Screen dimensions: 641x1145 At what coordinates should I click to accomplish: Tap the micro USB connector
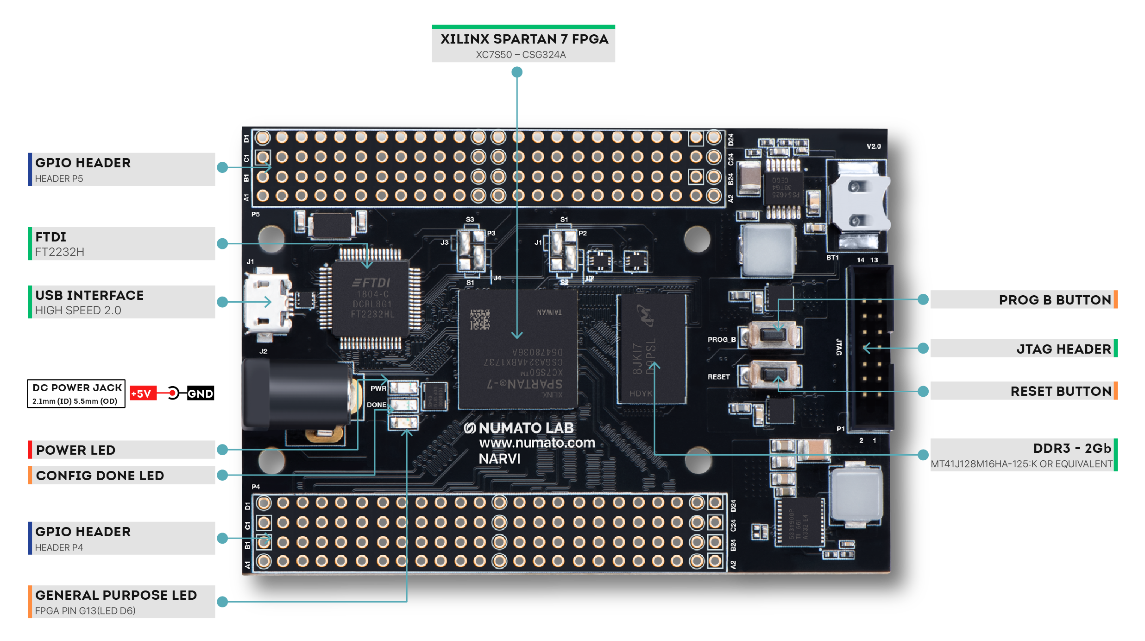pos(266,301)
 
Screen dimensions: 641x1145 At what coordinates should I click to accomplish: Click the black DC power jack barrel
pos(301,394)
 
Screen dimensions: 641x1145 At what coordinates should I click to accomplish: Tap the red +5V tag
pos(143,393)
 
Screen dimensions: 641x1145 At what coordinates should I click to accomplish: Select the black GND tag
pos(201,393)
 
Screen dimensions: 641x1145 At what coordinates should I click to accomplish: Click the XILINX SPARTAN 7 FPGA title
pos(524,39)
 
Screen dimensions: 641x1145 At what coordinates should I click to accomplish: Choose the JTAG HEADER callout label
pos(1063,349)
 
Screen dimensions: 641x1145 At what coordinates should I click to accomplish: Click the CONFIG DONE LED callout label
pos(100,476)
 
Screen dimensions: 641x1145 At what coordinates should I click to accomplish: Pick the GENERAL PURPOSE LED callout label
pos(116,595)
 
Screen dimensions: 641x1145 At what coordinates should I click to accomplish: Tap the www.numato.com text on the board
pos(536,443)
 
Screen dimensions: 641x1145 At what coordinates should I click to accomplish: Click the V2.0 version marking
pos(873,146)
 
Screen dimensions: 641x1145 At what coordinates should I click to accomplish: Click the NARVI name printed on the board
pos(499,459)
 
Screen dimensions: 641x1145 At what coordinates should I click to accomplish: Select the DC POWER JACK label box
pos(76,393)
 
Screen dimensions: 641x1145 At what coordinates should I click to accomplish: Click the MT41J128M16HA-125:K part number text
pos(1021,464)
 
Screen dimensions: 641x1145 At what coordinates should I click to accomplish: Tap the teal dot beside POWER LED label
pos(222,449)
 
